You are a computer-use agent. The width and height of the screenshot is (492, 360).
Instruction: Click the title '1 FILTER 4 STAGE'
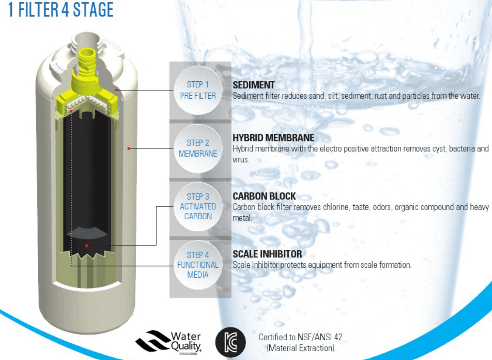tap(61, 10)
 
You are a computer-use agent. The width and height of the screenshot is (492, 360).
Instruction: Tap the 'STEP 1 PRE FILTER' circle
tap(198, 90)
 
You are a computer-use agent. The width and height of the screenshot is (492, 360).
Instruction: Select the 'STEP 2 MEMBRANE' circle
tap(198, 148)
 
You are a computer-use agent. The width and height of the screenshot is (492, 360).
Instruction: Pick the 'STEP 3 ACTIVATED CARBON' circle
tap(198, 206)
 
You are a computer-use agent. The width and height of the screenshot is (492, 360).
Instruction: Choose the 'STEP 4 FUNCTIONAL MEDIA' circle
tap(198, 265)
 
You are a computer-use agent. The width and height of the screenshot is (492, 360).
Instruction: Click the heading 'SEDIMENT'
tap(253, 85)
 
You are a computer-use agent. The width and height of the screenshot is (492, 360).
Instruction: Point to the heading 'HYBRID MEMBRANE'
tap(273, 138)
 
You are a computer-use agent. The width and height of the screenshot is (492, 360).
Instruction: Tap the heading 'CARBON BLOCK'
tap(264, 196)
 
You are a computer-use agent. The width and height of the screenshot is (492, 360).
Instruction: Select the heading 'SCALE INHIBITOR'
tap(267, 254)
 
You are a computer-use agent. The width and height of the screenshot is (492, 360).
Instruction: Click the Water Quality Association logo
tap(169, 342)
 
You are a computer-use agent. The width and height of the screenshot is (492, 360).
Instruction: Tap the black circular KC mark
tap(230, 342)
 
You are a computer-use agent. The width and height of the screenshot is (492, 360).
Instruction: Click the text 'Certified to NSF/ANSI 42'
tap(300, 337)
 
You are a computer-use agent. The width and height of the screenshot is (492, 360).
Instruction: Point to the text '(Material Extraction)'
tap(300, 348)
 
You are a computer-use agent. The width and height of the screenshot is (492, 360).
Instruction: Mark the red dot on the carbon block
tap(87, 245)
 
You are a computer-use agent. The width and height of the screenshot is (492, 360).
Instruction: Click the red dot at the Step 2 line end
tap(129, 149)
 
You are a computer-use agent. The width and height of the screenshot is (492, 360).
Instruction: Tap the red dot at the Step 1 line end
tap(117, 90)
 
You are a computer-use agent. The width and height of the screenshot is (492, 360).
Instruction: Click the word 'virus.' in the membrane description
tap(241, 160)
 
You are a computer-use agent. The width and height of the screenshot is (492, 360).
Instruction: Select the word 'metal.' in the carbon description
tap(242, 218)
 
